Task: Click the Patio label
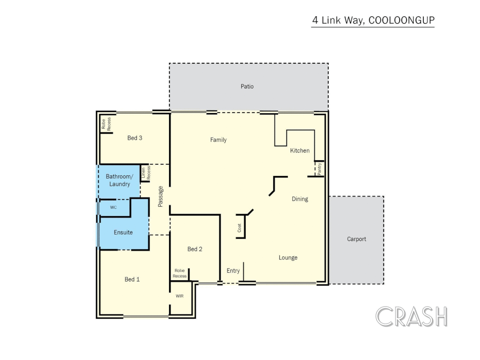click(x=247, y=86)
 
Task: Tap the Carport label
click(x=356, y=239)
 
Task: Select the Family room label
click(x=218, y=140)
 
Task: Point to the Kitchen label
click(x=300, y=150)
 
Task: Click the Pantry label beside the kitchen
click(x=319, y=169)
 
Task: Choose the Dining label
click(x=300, y=199)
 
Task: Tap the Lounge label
click(x=288, y=258)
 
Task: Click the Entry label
click(x=233, y=271)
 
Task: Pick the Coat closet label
click(x=239, y=228)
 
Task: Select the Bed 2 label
click(x=195, y=249)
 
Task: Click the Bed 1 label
click(x=132, y=279)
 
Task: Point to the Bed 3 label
click(x=135, y=138)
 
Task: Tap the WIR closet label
click(x=180, y=296)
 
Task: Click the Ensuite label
click(x=123, y=232)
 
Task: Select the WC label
click(x=113, y=207)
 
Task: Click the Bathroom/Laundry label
click(x=119, y=180)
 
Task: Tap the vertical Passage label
click(x=160, y=196)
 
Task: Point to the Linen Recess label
click(x=146, y=173)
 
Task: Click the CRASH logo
click(x=411, y=316)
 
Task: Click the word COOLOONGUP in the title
click(x=401, y=20)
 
